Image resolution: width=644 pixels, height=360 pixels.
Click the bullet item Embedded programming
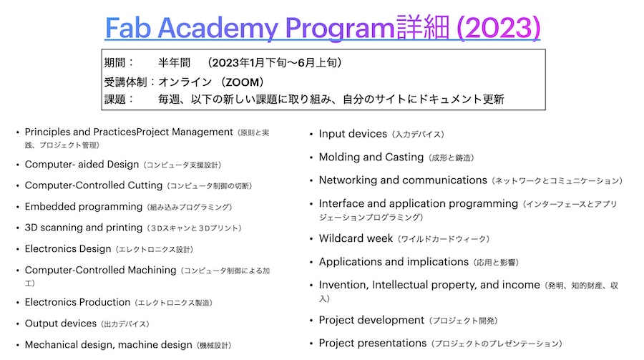[x=84, y=207]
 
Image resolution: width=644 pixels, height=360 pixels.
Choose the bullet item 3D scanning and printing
[x=84, y=228]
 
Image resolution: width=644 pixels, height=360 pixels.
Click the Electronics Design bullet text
[x=68, y=249]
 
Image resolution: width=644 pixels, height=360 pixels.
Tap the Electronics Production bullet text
[x=77, y=302]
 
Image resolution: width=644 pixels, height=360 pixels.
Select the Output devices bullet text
[x=61, y=323]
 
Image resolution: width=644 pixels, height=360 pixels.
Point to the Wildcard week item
[x=356, y=238]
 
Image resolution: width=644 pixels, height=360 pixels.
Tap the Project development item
[x=371, y=320]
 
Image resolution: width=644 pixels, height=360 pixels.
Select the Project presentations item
[x=372, y=343]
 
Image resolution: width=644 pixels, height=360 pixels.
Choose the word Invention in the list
[x=343, y=285]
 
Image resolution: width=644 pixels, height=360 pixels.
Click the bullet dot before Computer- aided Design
[x=17, y=165]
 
